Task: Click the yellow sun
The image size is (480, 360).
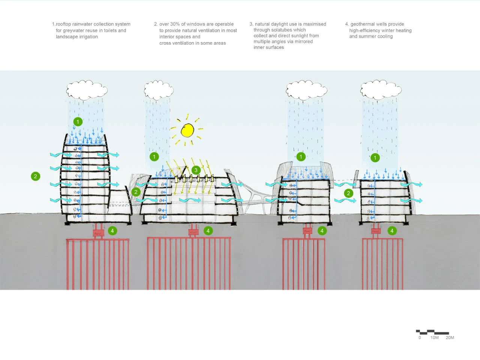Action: [x=187, y=130]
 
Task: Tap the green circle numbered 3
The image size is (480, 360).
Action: [x=196, y=170]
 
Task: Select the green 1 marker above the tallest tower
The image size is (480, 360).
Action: [x=78, y=121]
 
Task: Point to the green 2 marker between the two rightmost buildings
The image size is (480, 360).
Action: [x=348, y=193]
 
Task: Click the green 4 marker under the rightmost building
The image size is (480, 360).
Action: [x=392, y=231]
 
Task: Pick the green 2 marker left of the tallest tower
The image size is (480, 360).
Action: [x=36, y=176]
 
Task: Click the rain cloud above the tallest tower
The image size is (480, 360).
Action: [x=87, y=90]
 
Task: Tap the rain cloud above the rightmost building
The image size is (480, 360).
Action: [x=381, y=90]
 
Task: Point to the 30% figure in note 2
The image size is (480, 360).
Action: [x=175, y=24]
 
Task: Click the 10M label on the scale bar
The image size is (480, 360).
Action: [x=434, y=338]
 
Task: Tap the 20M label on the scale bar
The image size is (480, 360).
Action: [x=450, y=338]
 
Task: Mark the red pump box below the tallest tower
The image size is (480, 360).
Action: [x=98, y=233]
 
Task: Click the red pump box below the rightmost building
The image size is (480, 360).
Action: [x=376, y=232]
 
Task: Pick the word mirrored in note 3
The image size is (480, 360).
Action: [x=303, y=42]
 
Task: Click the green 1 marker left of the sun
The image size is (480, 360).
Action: [x=154, y=156]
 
